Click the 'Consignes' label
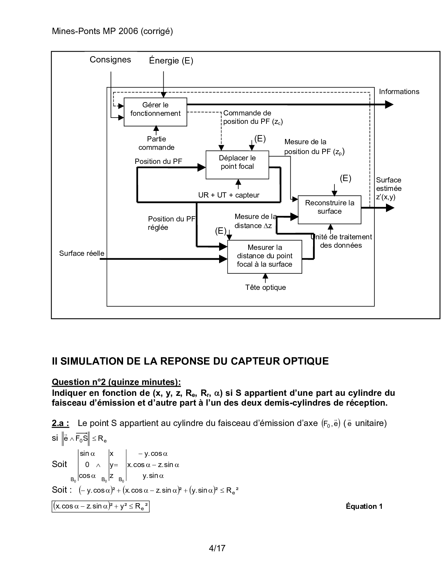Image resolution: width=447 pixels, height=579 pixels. coord(110,60)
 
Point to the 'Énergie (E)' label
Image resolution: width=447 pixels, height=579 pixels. coord(171,61)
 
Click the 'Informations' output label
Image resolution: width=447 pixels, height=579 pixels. coord(399,92)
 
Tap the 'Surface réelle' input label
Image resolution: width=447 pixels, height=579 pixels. coord(82,253)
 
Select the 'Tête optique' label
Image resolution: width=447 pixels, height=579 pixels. coord(265,287)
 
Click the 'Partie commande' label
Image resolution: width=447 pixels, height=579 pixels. coord(156,143)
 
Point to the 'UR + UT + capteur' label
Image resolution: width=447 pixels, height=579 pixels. coord(229,195)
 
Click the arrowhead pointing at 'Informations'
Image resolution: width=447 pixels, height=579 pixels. coord(389,104)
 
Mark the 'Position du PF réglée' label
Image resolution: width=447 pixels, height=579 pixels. coord(171,223)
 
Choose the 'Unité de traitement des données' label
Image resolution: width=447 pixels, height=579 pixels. coord(341,241)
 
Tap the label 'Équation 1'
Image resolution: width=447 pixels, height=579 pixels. coord(364,506)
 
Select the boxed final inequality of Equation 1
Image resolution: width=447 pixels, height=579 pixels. coord(101,506)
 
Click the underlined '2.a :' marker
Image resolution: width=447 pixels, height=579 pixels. coord(60,423)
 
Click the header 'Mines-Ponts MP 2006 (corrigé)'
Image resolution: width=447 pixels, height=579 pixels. coord(112,31)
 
